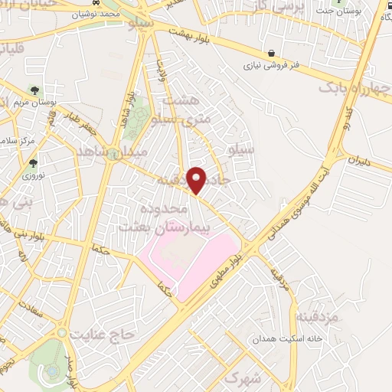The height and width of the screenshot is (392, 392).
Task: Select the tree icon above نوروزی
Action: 32,162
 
